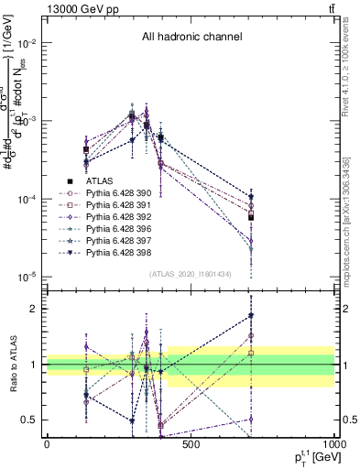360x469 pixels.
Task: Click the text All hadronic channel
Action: (x=191, y=38)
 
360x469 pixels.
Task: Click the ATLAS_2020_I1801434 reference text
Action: (x=191, y=273)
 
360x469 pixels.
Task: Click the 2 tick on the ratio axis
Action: (x=34, y=309)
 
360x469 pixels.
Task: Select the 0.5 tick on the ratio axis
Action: (x=30, y=420)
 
